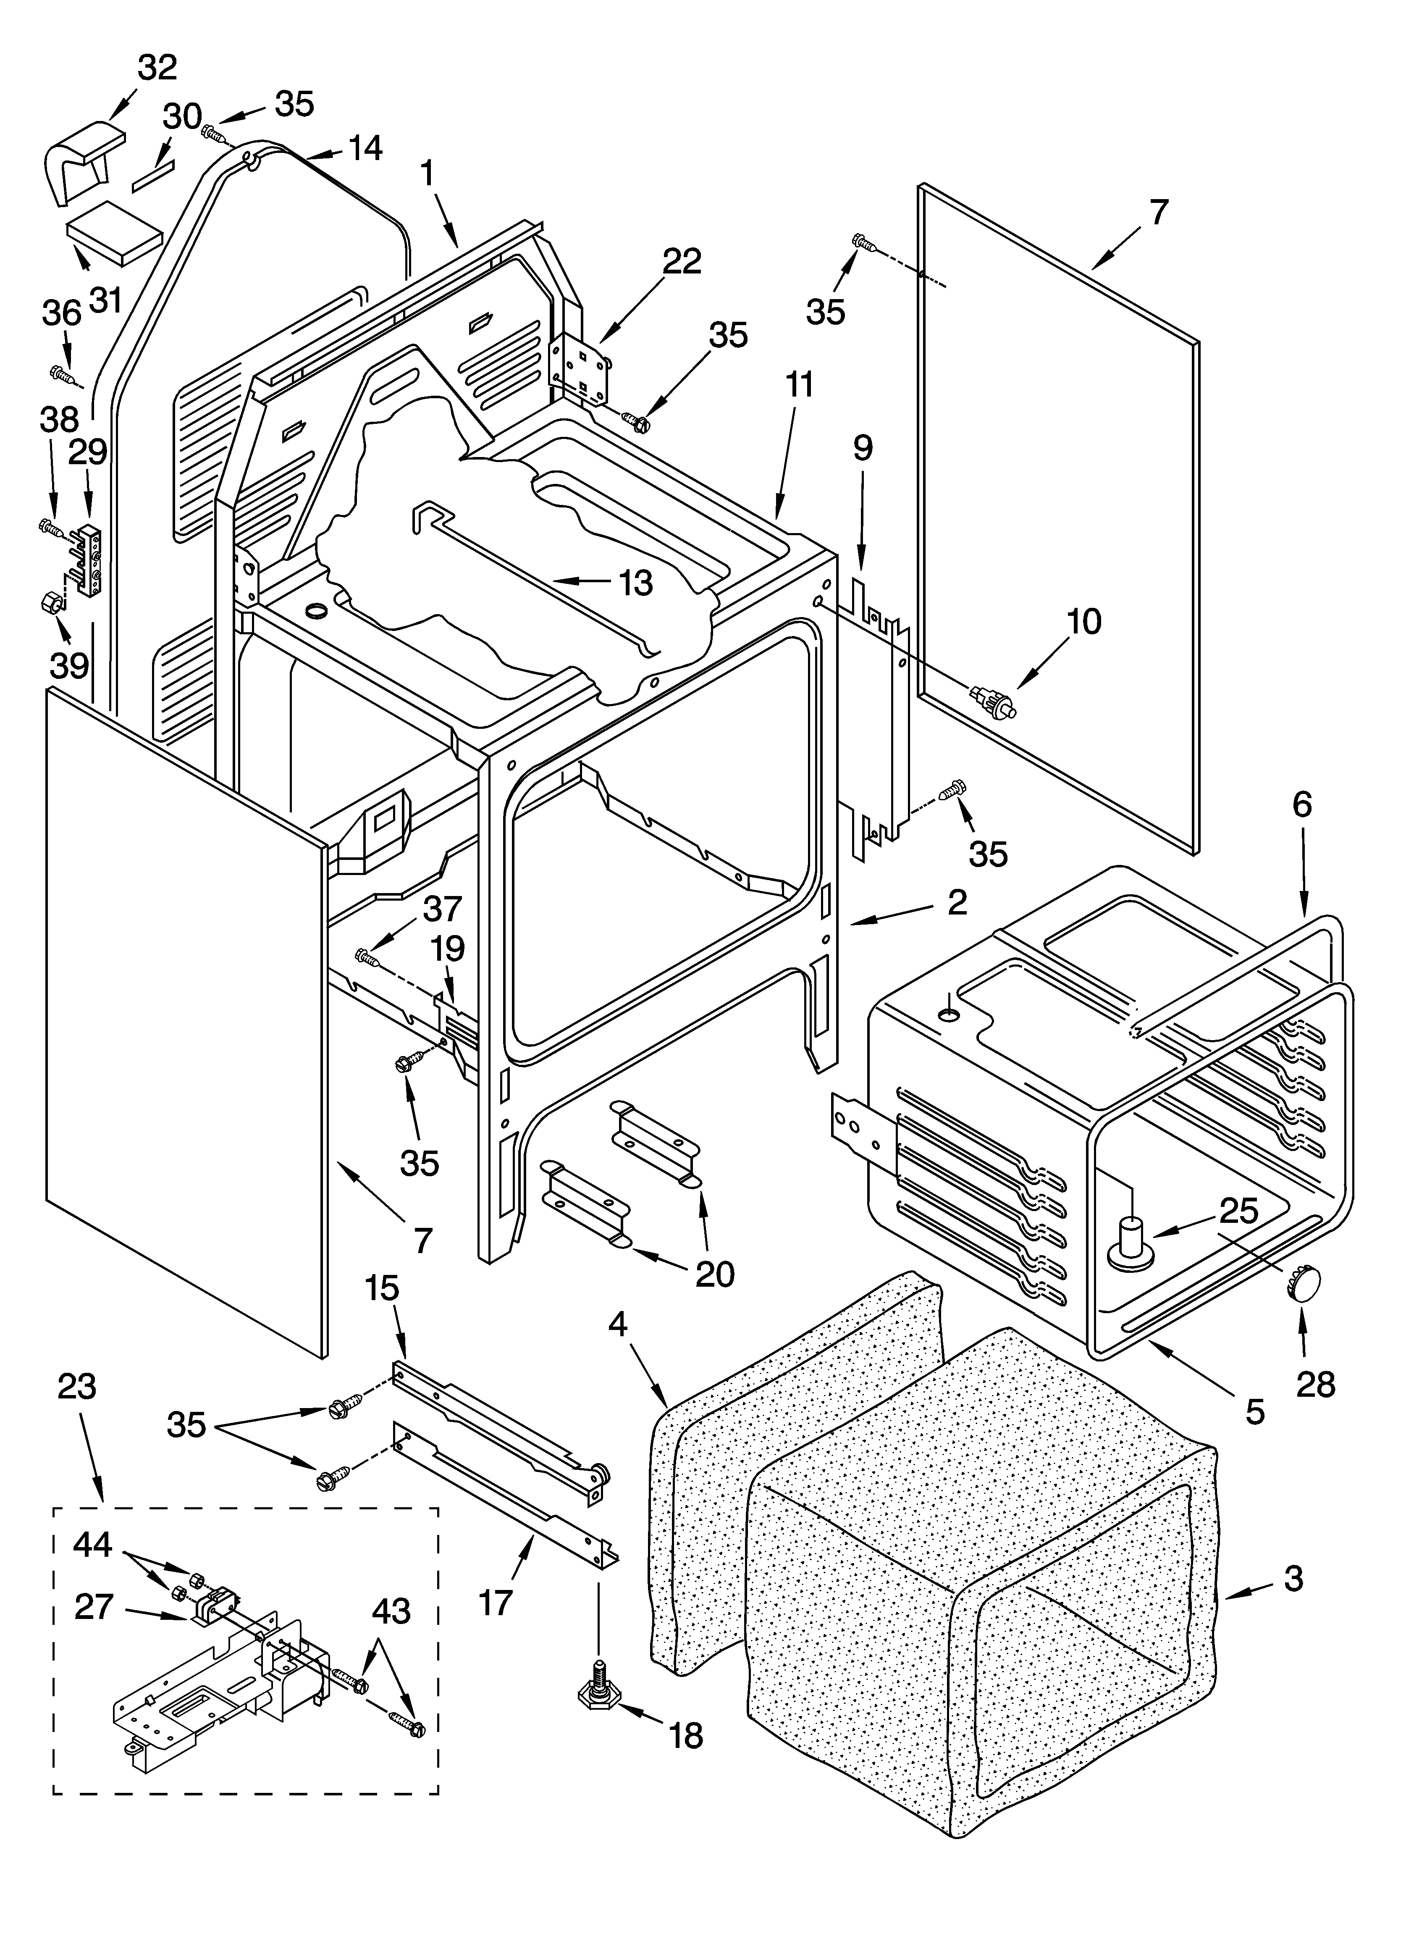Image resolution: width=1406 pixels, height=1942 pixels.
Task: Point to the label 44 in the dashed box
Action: coord(92,1544)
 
